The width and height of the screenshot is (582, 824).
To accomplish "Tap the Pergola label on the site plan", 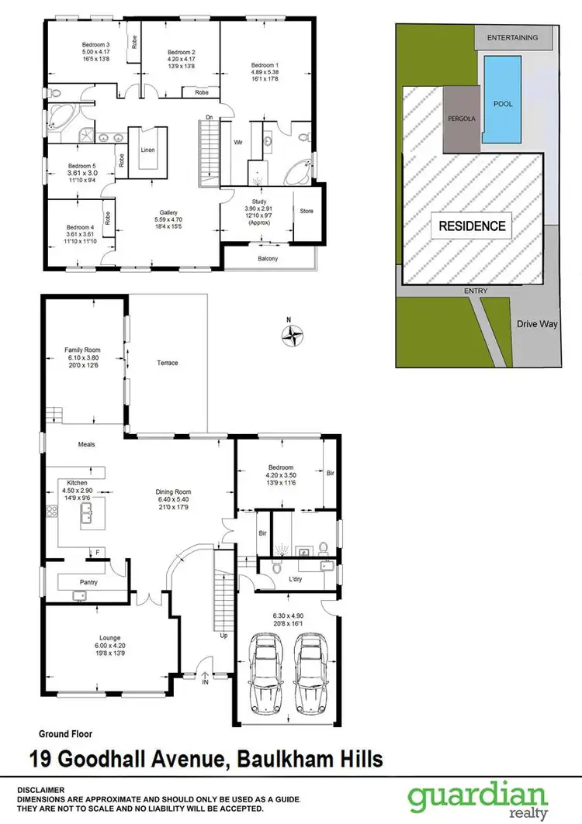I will (462, 120).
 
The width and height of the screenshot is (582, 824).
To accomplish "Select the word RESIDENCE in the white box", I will (473, 226).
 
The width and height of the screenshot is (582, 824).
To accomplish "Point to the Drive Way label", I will (538, 324).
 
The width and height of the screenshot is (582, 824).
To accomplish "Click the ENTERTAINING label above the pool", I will (512, 37).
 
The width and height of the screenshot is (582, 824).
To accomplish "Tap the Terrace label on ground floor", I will (168, 363).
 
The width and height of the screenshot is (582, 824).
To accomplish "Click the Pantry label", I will (88, 581).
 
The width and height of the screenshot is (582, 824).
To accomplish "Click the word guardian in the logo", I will (480, 797).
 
